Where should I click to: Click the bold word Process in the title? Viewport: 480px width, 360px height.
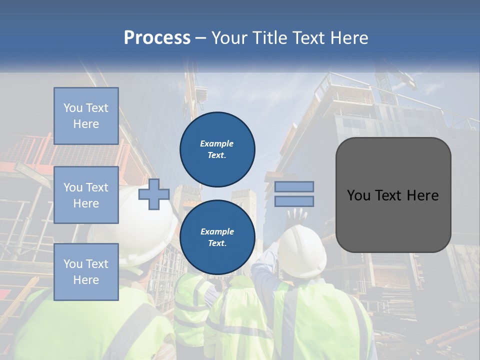click(157, 38)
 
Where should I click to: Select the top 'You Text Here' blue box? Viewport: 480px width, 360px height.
click(86, 116)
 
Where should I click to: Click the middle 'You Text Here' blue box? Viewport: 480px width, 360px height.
click(86, 195)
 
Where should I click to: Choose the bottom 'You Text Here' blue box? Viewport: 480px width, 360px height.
click(86, 272)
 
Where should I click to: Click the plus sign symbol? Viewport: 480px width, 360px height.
click(153, 194)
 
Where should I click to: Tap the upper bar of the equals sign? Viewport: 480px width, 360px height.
click(294, 187)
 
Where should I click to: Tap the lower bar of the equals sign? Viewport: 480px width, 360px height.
click(294, 201)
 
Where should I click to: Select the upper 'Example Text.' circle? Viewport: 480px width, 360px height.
click(217, 149)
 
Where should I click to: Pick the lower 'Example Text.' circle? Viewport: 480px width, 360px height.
click(217, 237)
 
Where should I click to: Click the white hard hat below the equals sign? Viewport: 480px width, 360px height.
click(301, 250)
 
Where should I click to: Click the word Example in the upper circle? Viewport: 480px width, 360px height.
click(217, 143)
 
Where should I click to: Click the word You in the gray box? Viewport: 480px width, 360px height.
click(358, 195)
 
